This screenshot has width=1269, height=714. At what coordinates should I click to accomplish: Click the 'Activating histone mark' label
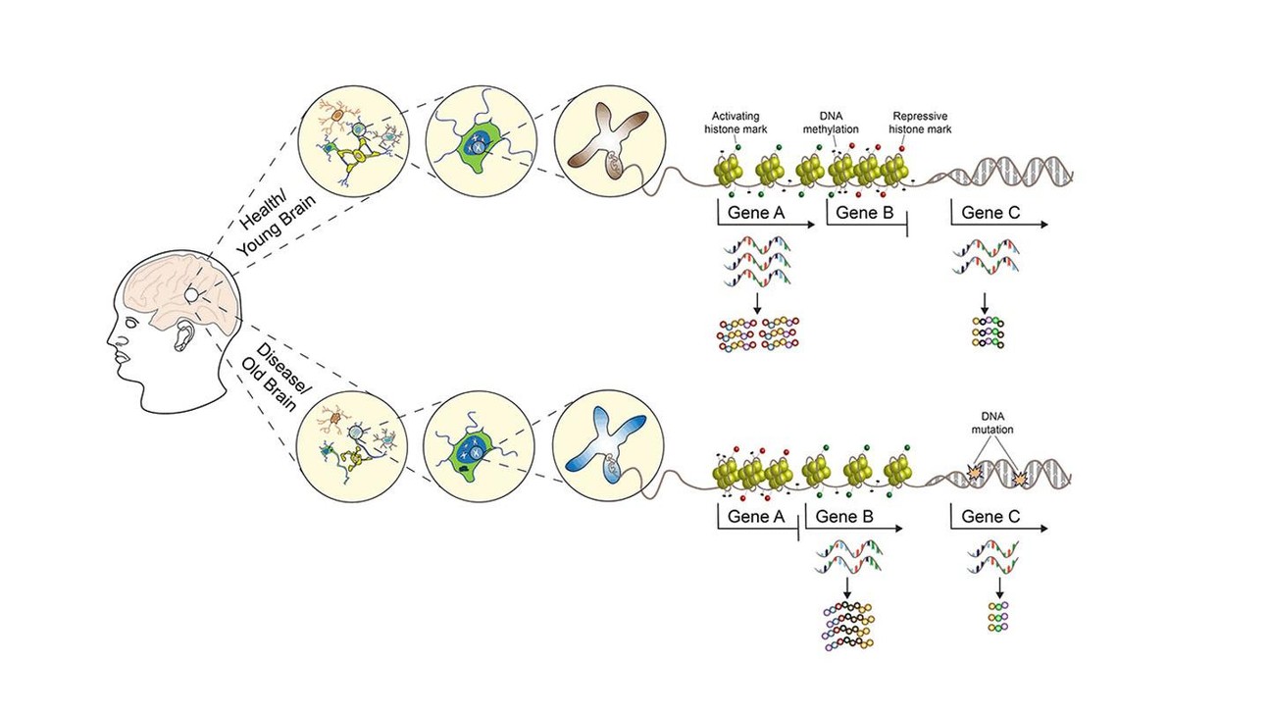click(x=736, y=123)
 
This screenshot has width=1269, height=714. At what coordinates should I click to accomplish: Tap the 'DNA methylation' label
click(x=831, y=123)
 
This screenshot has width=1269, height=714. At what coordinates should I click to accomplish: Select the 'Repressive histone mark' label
click(x=920, y=123)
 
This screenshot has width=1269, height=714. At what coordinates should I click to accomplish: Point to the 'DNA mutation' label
click(x=992, y=423)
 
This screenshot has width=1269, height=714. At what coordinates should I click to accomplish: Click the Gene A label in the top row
click(x=756, y=213)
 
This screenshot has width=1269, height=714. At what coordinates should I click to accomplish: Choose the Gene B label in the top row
click(x=865, y=213)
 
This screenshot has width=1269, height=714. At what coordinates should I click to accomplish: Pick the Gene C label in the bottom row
click(x=990, y=516)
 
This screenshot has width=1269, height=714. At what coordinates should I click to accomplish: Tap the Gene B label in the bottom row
click(x=844, y=516)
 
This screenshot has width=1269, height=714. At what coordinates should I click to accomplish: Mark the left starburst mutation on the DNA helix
click(x=975, y=472)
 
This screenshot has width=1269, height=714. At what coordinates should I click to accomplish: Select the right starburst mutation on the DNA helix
click(x=1019, y=479)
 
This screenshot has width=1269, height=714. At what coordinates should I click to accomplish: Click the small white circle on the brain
click(x=192, y=295)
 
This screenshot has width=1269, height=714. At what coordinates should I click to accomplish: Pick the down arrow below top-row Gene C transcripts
click(x=985, y=303)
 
